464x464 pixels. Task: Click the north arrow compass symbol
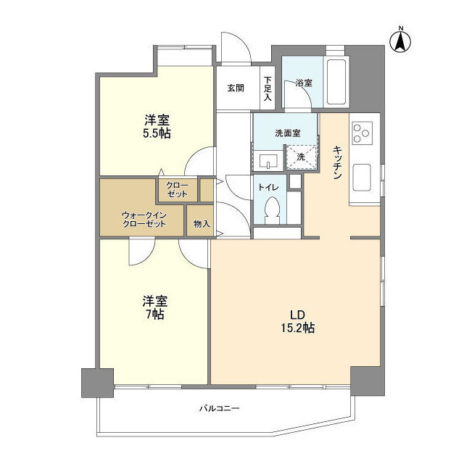click(x=400, y=41)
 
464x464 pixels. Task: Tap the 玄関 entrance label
click(x=236, y=88)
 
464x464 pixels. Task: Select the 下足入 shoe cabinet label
click(x=268, y=88)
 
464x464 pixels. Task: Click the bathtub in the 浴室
click(x=336, y=82)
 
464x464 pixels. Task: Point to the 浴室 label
click(x=304, y=83)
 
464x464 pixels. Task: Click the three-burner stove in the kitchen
click(x=362, y=133)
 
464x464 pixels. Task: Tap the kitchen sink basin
click(x=362, y=177)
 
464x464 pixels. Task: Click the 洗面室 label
click(x=288, y=133)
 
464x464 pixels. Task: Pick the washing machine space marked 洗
click(x=301, y=157)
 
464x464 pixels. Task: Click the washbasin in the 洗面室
click(x=268, y=161)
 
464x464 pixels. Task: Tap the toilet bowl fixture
click(x=272, y=210)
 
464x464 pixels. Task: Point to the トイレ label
click(x=268, y=187)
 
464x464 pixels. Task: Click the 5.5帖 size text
click(x=157, y=133)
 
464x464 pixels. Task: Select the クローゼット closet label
click(x=177, y=190)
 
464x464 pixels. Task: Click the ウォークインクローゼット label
click(x=144, y=219)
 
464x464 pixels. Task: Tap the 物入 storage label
click(x=202, y=224)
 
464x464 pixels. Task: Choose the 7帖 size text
click(x=155, y=314)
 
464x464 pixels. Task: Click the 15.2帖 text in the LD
click(x=298, y=328)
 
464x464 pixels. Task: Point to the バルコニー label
click(x=219, y=409)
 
